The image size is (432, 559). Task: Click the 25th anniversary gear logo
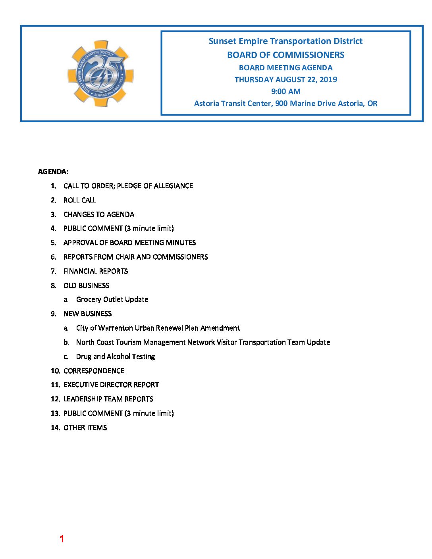coord(100,73)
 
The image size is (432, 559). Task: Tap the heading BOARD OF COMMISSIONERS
coord(285,55)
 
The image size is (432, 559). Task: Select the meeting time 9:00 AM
coord(285,91)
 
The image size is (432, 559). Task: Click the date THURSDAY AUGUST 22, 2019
coord(285,79)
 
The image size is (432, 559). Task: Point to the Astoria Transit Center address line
coord(285,103)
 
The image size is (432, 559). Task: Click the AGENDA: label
coord(53,172)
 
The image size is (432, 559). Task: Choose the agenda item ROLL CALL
coord(79,200)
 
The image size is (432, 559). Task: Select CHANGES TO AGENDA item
coord(98,214)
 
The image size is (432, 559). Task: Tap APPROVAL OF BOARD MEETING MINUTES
coord(129,243)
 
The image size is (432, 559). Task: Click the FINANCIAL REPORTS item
coord(95,271)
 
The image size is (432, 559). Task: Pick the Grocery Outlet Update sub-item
coord(112,299)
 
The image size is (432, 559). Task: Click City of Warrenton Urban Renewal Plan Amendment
coord(158,328)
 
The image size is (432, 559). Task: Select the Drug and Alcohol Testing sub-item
coord(115,357)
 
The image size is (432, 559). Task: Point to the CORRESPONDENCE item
coord(94,371)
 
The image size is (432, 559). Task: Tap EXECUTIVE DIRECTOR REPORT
coord(111,385)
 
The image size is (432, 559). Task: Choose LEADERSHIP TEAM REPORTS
coord(108,399)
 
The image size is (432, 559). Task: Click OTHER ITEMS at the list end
coord(85,428)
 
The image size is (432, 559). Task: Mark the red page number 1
coord(62,539)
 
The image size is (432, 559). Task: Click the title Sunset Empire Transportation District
coord(285,41)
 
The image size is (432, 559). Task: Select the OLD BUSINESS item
coord(86,285)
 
